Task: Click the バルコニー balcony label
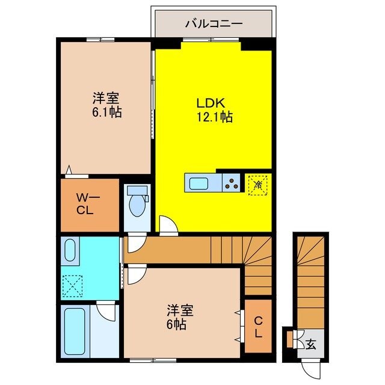pyautogui.click(x=214, y=25)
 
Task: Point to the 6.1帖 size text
pyautogui.click(x=107, y=112)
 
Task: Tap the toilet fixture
pyautogui.click(x=138, y=202)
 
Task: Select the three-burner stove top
pyautogui.click(x=232, y=182)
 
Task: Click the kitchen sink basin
pyautogui.click(x=199, y=182)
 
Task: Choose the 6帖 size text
pyautogui.click(x=176, y=324)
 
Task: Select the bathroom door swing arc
pyautogui.click(x=107, y=311)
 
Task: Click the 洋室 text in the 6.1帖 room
pyautogui.click(x=107, y=98)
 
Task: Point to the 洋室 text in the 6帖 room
pyautogui.click(x=180, y=311)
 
